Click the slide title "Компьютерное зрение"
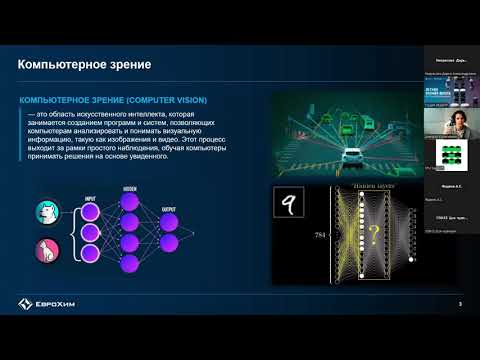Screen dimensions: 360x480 (x=85, y=67)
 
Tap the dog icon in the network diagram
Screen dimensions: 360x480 (x=46, y=212)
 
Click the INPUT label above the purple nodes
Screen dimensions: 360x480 (x=90, y=198)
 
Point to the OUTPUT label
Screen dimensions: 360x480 (x=168, y=209)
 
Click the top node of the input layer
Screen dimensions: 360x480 (x=90, y=213)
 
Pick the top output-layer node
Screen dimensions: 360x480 (x=168, y=221)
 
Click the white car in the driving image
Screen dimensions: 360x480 (x=354, y=157)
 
